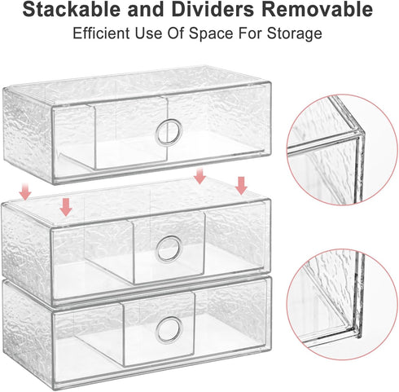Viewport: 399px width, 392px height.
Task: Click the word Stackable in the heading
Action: pyautogui.click(x=72, y=9)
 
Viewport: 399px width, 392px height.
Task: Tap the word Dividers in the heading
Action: pyautogui.click(x=213, y=9)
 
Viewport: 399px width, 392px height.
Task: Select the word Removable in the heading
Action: pyautogui.click(x=318, y=9)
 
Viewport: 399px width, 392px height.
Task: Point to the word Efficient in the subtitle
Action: pyautogui.click(x=101, y=33)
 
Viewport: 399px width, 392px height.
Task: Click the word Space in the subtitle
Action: pyautogui.click(x=211, y=33)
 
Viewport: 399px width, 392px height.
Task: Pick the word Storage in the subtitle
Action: pyautogui.click(x=295, y=34)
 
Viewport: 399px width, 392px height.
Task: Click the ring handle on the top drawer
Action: pyautogui.click(x=169, y=133)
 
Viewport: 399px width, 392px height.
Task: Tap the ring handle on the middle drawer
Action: pyautogui.click(x=169, y=249)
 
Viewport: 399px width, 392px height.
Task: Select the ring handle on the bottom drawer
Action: pyautogui.click(x=169, y=329)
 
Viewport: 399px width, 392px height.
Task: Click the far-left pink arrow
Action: pyautogui.click(x=25, y=192)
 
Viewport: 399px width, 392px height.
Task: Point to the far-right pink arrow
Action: pyautogui.click(x=241, y=186)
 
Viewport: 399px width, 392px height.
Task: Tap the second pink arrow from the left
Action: pyautogui.click(x=66, y=207)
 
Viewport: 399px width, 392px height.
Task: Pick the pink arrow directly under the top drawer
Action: pyautogui.click(x=199, y=176)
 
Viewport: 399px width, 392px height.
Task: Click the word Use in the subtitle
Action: pyautogui.click(x=148, y=33)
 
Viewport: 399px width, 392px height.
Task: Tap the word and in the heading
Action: pyautogui.click(x=146, y=9)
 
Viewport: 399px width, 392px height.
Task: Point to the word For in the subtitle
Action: pyautogui.click(x=250, y=33)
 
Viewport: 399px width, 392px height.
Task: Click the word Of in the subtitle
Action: pyautogui.click(x=175, y=33)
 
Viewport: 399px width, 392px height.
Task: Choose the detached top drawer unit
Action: pyautogui.click(x=137, y=125)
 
